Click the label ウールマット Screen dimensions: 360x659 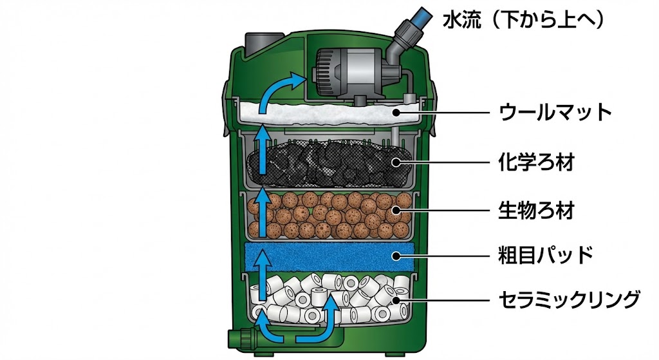click(554, 113)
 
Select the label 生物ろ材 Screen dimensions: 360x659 click(536, 211)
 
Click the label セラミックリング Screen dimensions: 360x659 click(570, 299)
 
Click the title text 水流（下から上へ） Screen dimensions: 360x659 click(523, 21)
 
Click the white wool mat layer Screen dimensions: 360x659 click(328, 114)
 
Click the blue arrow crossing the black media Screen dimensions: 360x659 click(261, 151)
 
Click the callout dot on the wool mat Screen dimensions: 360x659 click(398, 113)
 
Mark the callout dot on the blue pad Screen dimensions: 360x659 click(398, 255)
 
